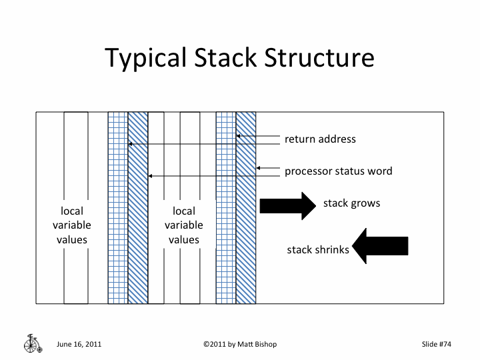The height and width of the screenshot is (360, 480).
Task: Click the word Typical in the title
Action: pos(146,59)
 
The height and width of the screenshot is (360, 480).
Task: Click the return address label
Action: pos(320,139)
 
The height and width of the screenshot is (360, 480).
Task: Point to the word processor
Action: pos(307,171)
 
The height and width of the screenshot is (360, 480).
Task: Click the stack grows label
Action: pos(351,203)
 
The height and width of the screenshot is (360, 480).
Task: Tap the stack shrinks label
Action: pos(318,251)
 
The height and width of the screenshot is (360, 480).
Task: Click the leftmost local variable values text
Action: pos(72,225)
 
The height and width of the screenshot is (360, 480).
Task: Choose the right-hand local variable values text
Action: pos(184,225)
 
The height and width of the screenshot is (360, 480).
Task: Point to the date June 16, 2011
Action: pos(78,345)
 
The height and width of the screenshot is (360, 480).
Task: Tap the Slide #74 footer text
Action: pos(437,345)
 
